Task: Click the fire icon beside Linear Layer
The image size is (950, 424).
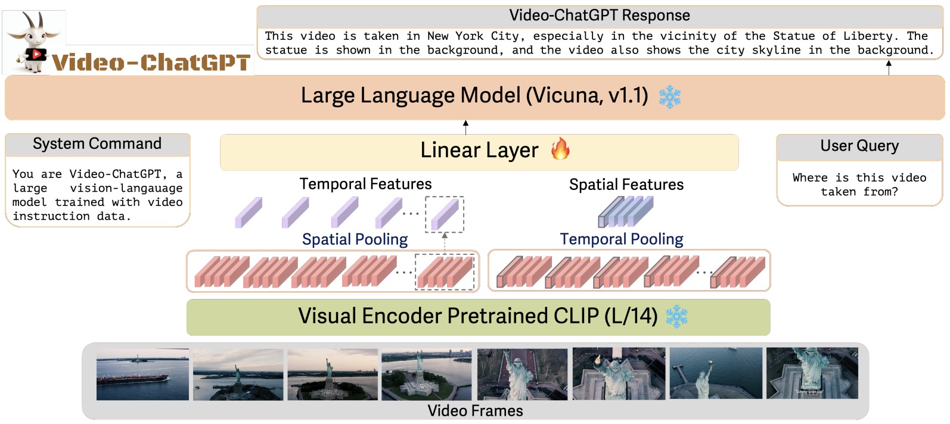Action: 560,149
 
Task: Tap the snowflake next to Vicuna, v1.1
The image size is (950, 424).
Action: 670,96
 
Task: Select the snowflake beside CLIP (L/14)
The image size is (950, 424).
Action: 676,317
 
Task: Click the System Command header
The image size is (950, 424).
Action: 97,144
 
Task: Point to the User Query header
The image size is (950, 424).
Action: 859,146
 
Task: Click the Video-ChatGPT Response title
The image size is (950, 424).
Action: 599,15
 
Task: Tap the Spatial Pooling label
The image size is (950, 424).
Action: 355,239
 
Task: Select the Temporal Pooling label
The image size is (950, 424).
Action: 621,239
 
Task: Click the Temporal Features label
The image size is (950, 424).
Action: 365,184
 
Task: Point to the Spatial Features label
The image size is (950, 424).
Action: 626,185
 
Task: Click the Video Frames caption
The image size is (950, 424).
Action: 475,411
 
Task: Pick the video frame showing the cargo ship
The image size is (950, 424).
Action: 142,374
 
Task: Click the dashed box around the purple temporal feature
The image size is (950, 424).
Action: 445,214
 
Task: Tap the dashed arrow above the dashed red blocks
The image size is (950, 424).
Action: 445,242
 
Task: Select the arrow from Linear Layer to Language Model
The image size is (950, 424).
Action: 465,127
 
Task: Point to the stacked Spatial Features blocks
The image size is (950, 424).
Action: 626,212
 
